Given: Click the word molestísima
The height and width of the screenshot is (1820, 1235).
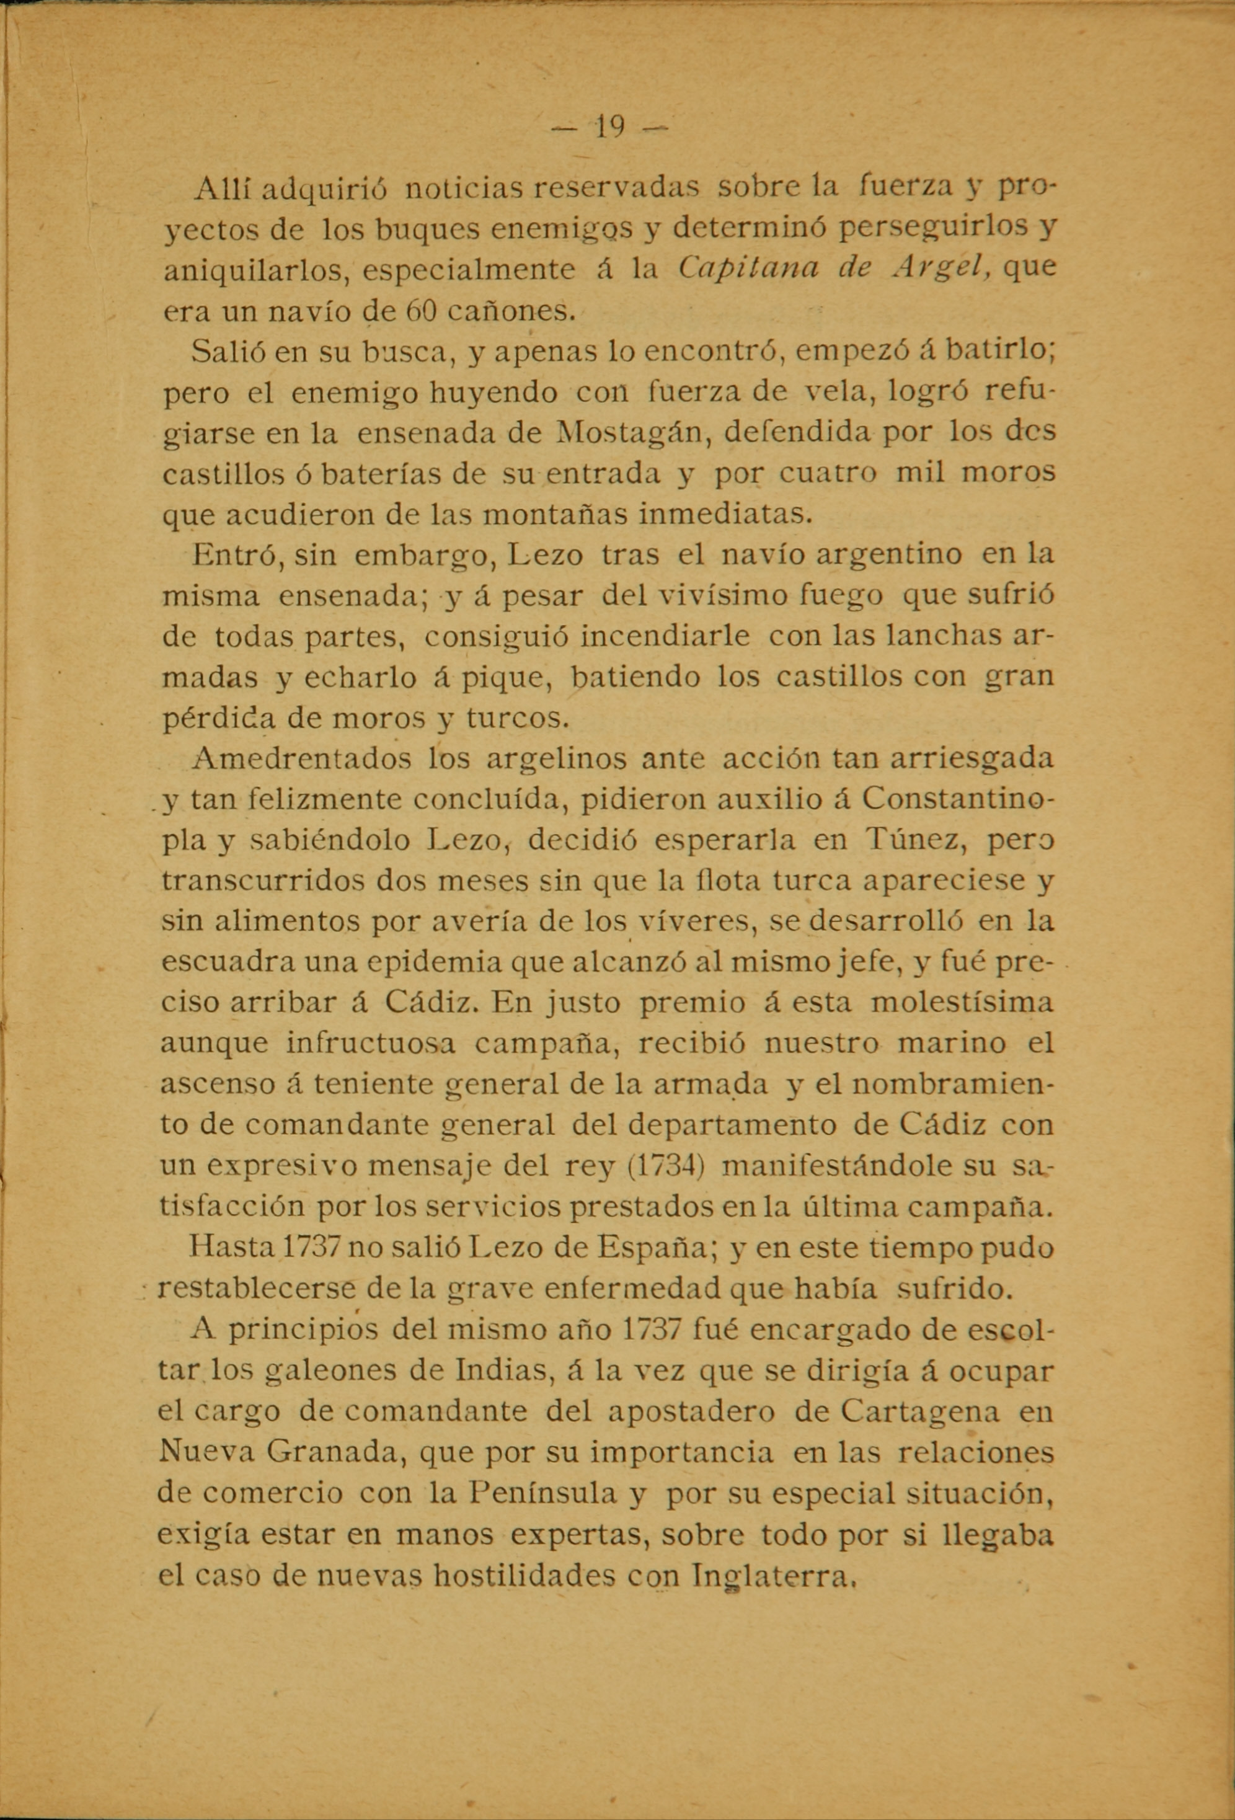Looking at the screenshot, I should click(962, 1003).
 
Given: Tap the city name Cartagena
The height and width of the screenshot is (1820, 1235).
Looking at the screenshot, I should click(920, 1411).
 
